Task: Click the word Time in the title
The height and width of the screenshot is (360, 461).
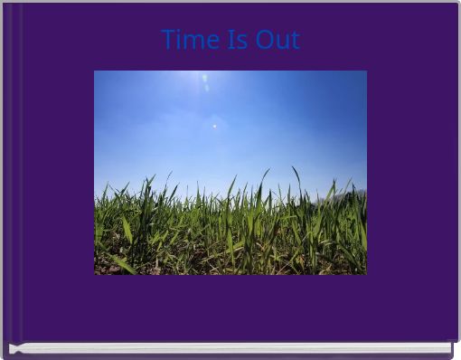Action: click(x=191, y=40)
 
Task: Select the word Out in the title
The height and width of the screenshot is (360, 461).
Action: click(x=278, y=40)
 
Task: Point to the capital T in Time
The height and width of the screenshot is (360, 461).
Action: click(x=169, y=40)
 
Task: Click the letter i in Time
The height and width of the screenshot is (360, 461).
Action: click(x=180, y=40)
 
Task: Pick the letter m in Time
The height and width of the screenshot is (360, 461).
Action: click(x=193, y=42)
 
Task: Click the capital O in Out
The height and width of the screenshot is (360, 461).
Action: click(x=264, y=40)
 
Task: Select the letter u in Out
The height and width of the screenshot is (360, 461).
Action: click(x=281, y=42)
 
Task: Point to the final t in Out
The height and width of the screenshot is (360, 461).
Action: click(x=294, y=41)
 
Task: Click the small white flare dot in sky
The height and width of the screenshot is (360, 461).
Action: click(x=214, y=127)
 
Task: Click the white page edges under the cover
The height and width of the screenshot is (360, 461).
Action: click(x=235, y=347)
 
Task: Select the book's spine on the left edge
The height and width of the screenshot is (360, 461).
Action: click(x=11, y=172)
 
